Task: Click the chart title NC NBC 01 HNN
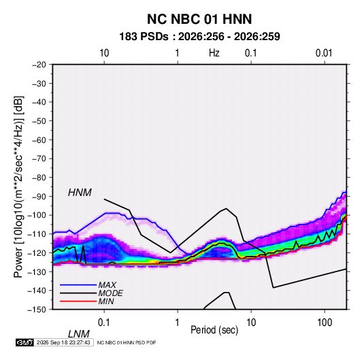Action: [x=199, y=19]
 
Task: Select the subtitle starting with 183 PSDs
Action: [x=199, y=37]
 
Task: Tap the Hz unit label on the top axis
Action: [x=214, y=53]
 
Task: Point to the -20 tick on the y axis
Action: [x=39, y=65]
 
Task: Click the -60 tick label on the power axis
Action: [x=39, y=140]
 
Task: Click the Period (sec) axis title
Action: [x=214, y=330]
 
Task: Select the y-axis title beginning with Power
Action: [x=18, y=187]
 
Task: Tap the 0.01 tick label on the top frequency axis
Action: [x=324, y=53]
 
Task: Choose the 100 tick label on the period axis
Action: [x=325, y=323]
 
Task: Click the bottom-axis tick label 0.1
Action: [x=104, y=323]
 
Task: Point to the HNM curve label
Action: [x=80, y=193]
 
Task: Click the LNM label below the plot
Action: [x=78, y=334]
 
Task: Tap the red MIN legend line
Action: [x=78, y=301]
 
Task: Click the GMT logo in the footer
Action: [x=24, y=342]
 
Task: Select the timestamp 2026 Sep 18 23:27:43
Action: [x=63, y=342]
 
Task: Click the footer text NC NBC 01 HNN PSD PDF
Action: [x=127, y=342]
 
